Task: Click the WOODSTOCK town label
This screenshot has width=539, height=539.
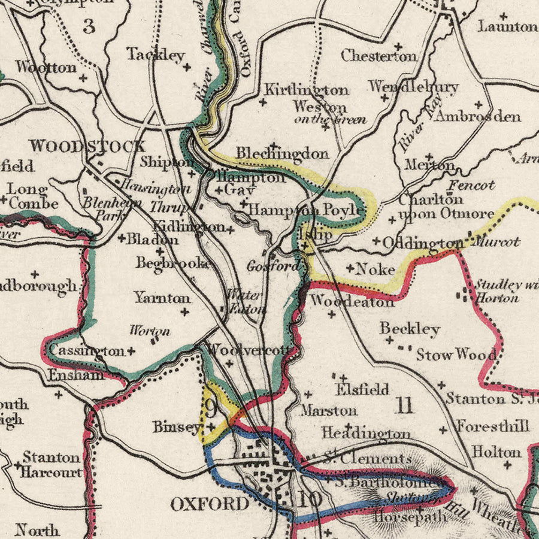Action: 87,146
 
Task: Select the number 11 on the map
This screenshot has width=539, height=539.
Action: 405,406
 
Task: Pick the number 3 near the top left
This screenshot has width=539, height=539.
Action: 89,26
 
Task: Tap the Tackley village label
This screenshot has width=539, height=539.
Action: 155,55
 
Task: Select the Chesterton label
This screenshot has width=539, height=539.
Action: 378,56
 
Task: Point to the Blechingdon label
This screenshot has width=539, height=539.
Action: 282,154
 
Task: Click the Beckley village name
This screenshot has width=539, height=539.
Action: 410,329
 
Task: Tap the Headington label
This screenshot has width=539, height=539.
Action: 366,433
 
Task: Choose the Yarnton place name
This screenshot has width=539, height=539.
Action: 162,298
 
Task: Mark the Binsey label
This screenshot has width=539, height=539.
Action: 176,427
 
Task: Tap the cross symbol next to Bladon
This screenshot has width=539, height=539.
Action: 122,238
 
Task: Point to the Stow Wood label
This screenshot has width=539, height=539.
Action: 456,355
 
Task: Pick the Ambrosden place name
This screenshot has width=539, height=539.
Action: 477,116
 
